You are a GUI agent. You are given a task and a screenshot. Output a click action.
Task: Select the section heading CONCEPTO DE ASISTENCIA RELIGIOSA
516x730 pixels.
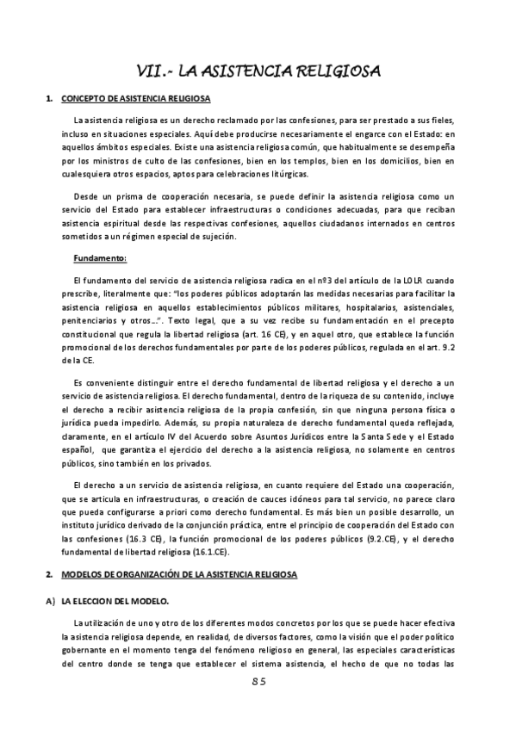(x=136, y=99)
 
